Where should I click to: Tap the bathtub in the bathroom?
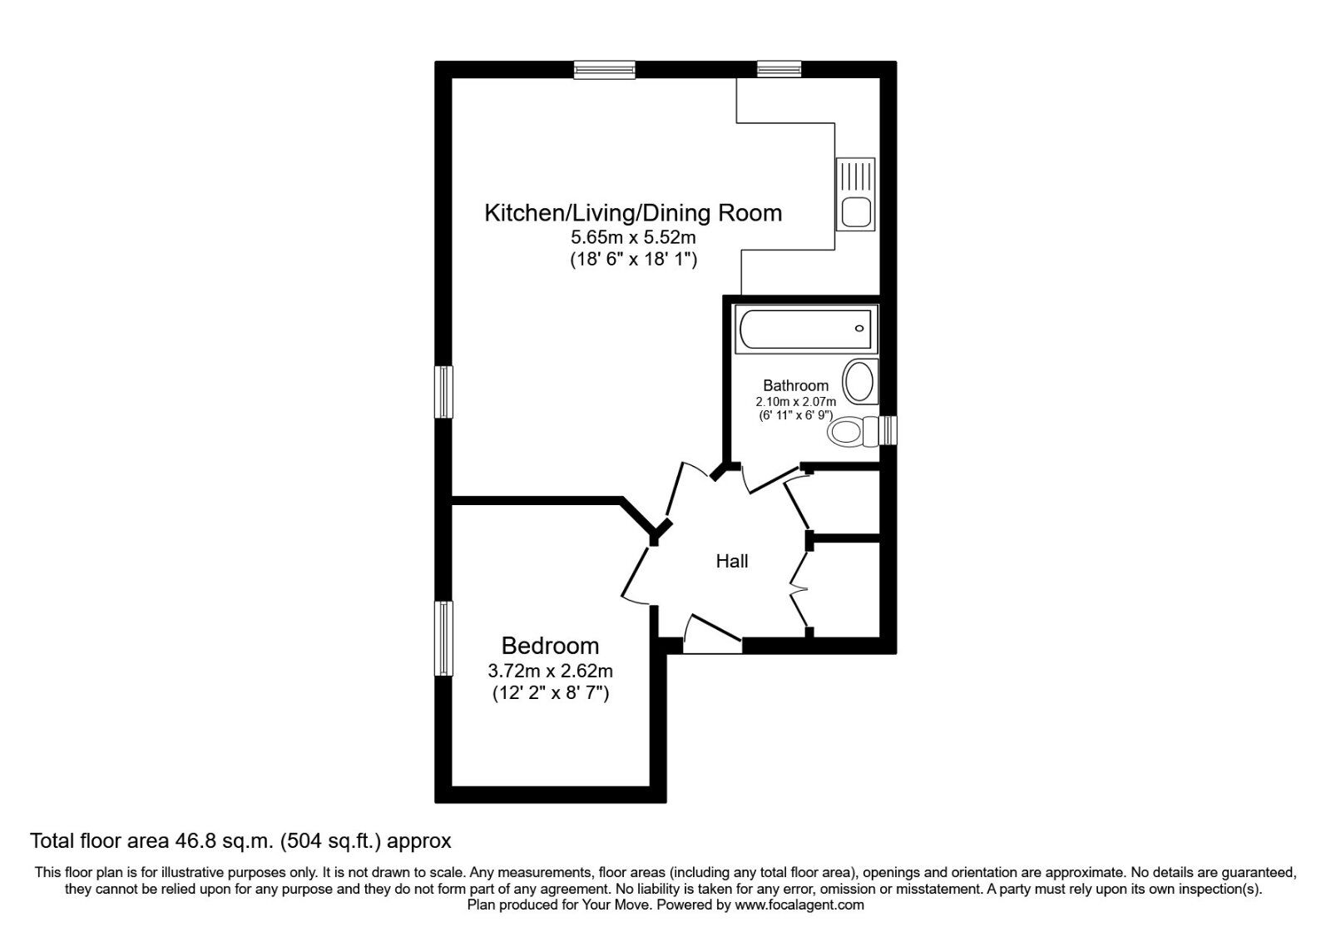point(804,328)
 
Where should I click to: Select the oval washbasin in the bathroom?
point(859,382)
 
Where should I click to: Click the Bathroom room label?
point(795,385)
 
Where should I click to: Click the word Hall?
point(732,562)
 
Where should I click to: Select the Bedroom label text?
point(550,646)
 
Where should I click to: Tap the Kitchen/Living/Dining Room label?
point(633,213)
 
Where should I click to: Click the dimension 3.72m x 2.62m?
point(550,671)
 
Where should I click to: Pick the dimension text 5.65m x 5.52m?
point(633,238)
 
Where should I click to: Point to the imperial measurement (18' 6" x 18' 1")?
point(633,260)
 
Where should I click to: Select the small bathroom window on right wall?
point(889,430)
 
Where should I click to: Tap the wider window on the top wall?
point(605,70)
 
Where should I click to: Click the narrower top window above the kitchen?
point(779,70)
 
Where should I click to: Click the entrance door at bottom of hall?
point(712,634)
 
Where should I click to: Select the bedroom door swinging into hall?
point(636,574)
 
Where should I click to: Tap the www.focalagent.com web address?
point(799,905)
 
